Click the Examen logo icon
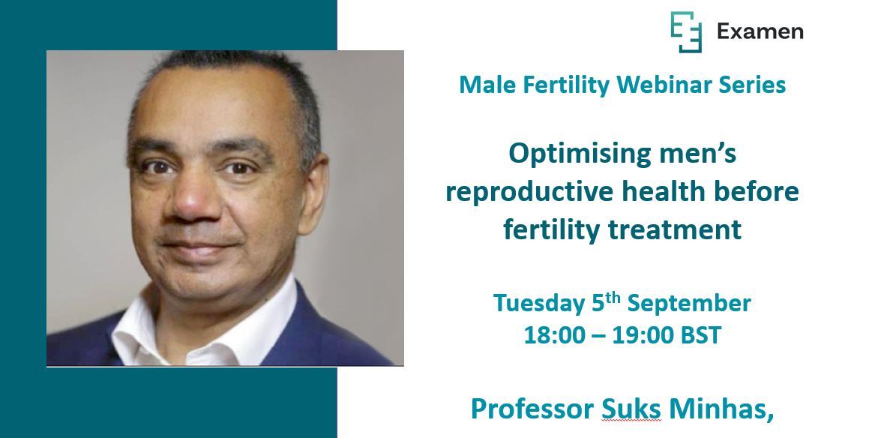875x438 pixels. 685,32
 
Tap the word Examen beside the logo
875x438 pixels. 760,31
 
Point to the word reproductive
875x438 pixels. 528,192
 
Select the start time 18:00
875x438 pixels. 553,335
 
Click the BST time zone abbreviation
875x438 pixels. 700,335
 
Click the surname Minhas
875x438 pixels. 724,409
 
